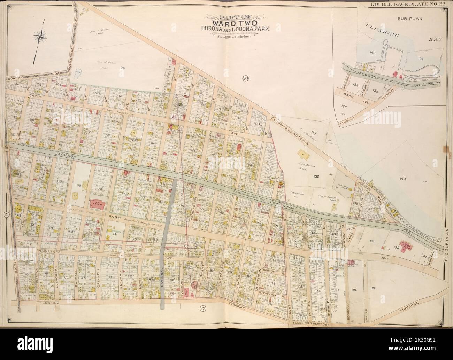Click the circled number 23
coord(202,308)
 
